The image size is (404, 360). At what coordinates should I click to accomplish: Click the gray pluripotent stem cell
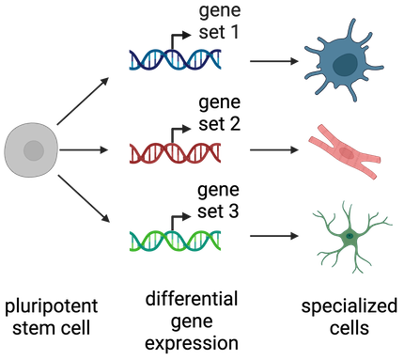coord(31,150)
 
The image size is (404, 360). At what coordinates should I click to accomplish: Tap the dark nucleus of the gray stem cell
coord(34,150)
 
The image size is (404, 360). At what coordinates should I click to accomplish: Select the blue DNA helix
coord(176,59)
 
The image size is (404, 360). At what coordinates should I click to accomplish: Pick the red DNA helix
coord(176,152)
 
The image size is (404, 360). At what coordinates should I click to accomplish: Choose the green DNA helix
coord(176,241)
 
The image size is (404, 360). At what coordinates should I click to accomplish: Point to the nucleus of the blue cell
coord(345,65)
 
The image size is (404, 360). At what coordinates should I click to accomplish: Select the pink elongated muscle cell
coord(345,152)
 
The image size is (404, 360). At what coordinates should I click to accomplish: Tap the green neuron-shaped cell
coord(350,237)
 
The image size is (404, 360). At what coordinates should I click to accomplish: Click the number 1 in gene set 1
coord(233,32)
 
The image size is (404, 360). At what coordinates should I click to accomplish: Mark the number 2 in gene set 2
coord(234,124)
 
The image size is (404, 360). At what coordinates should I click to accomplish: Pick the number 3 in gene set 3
coord(233,211)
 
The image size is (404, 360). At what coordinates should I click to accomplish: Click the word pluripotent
coord(51,307)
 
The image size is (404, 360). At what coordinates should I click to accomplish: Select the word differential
coord(192,299)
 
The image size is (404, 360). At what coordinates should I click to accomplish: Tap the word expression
coord(192,344)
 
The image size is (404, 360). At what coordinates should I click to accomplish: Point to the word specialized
coord(350,306)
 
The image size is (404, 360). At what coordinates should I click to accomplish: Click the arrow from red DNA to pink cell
coord(274,150)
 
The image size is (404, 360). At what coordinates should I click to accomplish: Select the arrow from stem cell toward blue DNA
coord(83,101)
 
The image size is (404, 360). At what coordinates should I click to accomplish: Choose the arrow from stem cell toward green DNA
coord(84,198)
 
